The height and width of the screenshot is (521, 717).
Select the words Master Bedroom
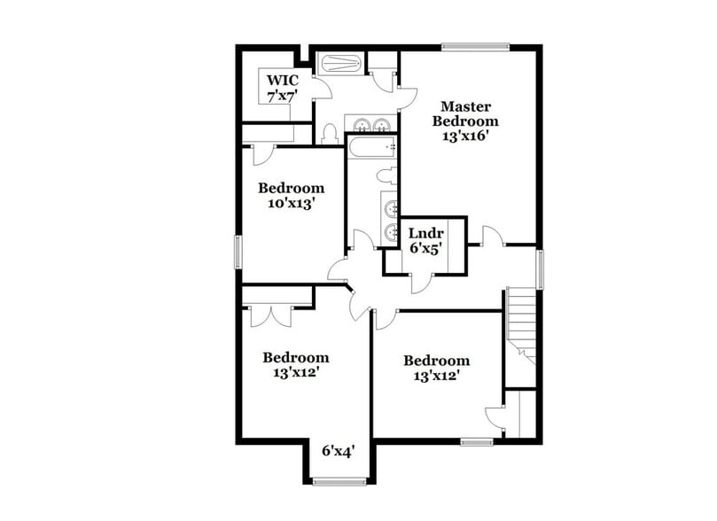pos(465,113)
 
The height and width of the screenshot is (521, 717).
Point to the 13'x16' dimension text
pos(465,136)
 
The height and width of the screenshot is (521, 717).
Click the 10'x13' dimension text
pos(291,203)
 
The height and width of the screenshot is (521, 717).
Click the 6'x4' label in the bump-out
pos(338,451)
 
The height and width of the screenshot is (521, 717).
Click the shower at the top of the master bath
pos(339,64)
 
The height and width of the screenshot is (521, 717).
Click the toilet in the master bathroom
pos(330,134)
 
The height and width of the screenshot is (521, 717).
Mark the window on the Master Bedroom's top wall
pos(475,46)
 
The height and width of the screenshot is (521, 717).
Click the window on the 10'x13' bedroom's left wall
pos(238,251)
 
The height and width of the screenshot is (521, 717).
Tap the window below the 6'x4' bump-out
pos(338,482)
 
